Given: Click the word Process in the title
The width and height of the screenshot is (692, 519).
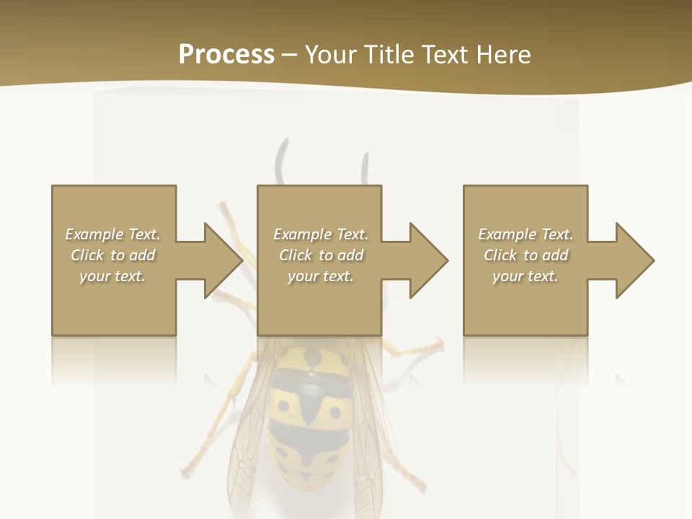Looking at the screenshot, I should [x=226, y=54].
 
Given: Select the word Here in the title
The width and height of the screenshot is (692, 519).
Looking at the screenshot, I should [x=503, y=54].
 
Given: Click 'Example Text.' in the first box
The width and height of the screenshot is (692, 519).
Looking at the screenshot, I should [x=113, y=234].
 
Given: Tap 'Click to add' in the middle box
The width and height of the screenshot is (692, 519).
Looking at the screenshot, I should [x=321, y=255].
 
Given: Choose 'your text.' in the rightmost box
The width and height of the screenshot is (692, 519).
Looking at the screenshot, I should [x=525, y=276].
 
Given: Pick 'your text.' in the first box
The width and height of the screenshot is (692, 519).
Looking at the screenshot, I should [x=113, y=276].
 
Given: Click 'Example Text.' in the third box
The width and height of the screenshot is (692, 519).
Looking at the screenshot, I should [x=525, y=234].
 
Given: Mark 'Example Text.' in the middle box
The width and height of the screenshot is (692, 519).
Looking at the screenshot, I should [x=321, y=234].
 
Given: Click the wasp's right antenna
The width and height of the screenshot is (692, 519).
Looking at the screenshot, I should [x=365, y=169].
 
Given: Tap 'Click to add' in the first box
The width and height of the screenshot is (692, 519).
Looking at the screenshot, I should [x=113, y=255].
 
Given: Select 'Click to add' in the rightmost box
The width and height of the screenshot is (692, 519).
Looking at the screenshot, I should [x=525, y=255].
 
